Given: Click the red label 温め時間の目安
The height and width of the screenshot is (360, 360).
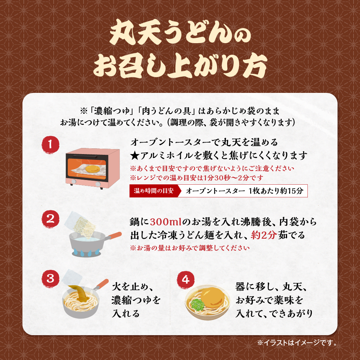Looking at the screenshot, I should click(153, 191).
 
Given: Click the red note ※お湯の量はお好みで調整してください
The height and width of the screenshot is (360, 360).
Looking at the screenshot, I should click(189, 248).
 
